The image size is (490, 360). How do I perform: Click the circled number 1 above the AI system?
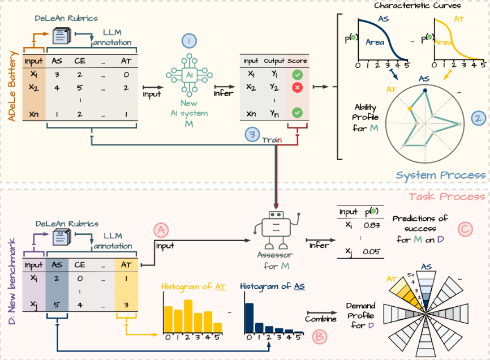[189, 41]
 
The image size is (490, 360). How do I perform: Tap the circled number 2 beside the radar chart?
[478, 118]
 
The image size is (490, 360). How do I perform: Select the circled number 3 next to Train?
[252, 134]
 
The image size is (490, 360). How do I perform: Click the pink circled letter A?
[161, 230]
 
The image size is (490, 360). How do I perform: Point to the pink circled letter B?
[320, 337]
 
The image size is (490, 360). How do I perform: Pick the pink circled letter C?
[465, 229]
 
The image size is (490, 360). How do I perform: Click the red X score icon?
[297, 88]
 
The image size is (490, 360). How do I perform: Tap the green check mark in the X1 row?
[297, 75]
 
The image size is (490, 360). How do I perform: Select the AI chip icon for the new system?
[189, 75]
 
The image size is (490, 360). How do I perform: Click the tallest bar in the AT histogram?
[188, 316]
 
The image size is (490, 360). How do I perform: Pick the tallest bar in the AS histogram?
[249, 318]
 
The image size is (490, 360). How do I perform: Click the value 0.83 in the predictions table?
[372, 225]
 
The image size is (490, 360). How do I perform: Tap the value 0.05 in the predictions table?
[372, 251]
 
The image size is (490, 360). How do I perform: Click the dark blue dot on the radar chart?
[425, 91]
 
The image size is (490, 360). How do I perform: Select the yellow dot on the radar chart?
[410, 109]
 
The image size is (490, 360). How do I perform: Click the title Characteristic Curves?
[418, 5]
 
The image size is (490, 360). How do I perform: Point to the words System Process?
[441, 175]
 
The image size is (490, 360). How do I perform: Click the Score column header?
[297, 61]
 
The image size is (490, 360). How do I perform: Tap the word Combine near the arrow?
[321, 319]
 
